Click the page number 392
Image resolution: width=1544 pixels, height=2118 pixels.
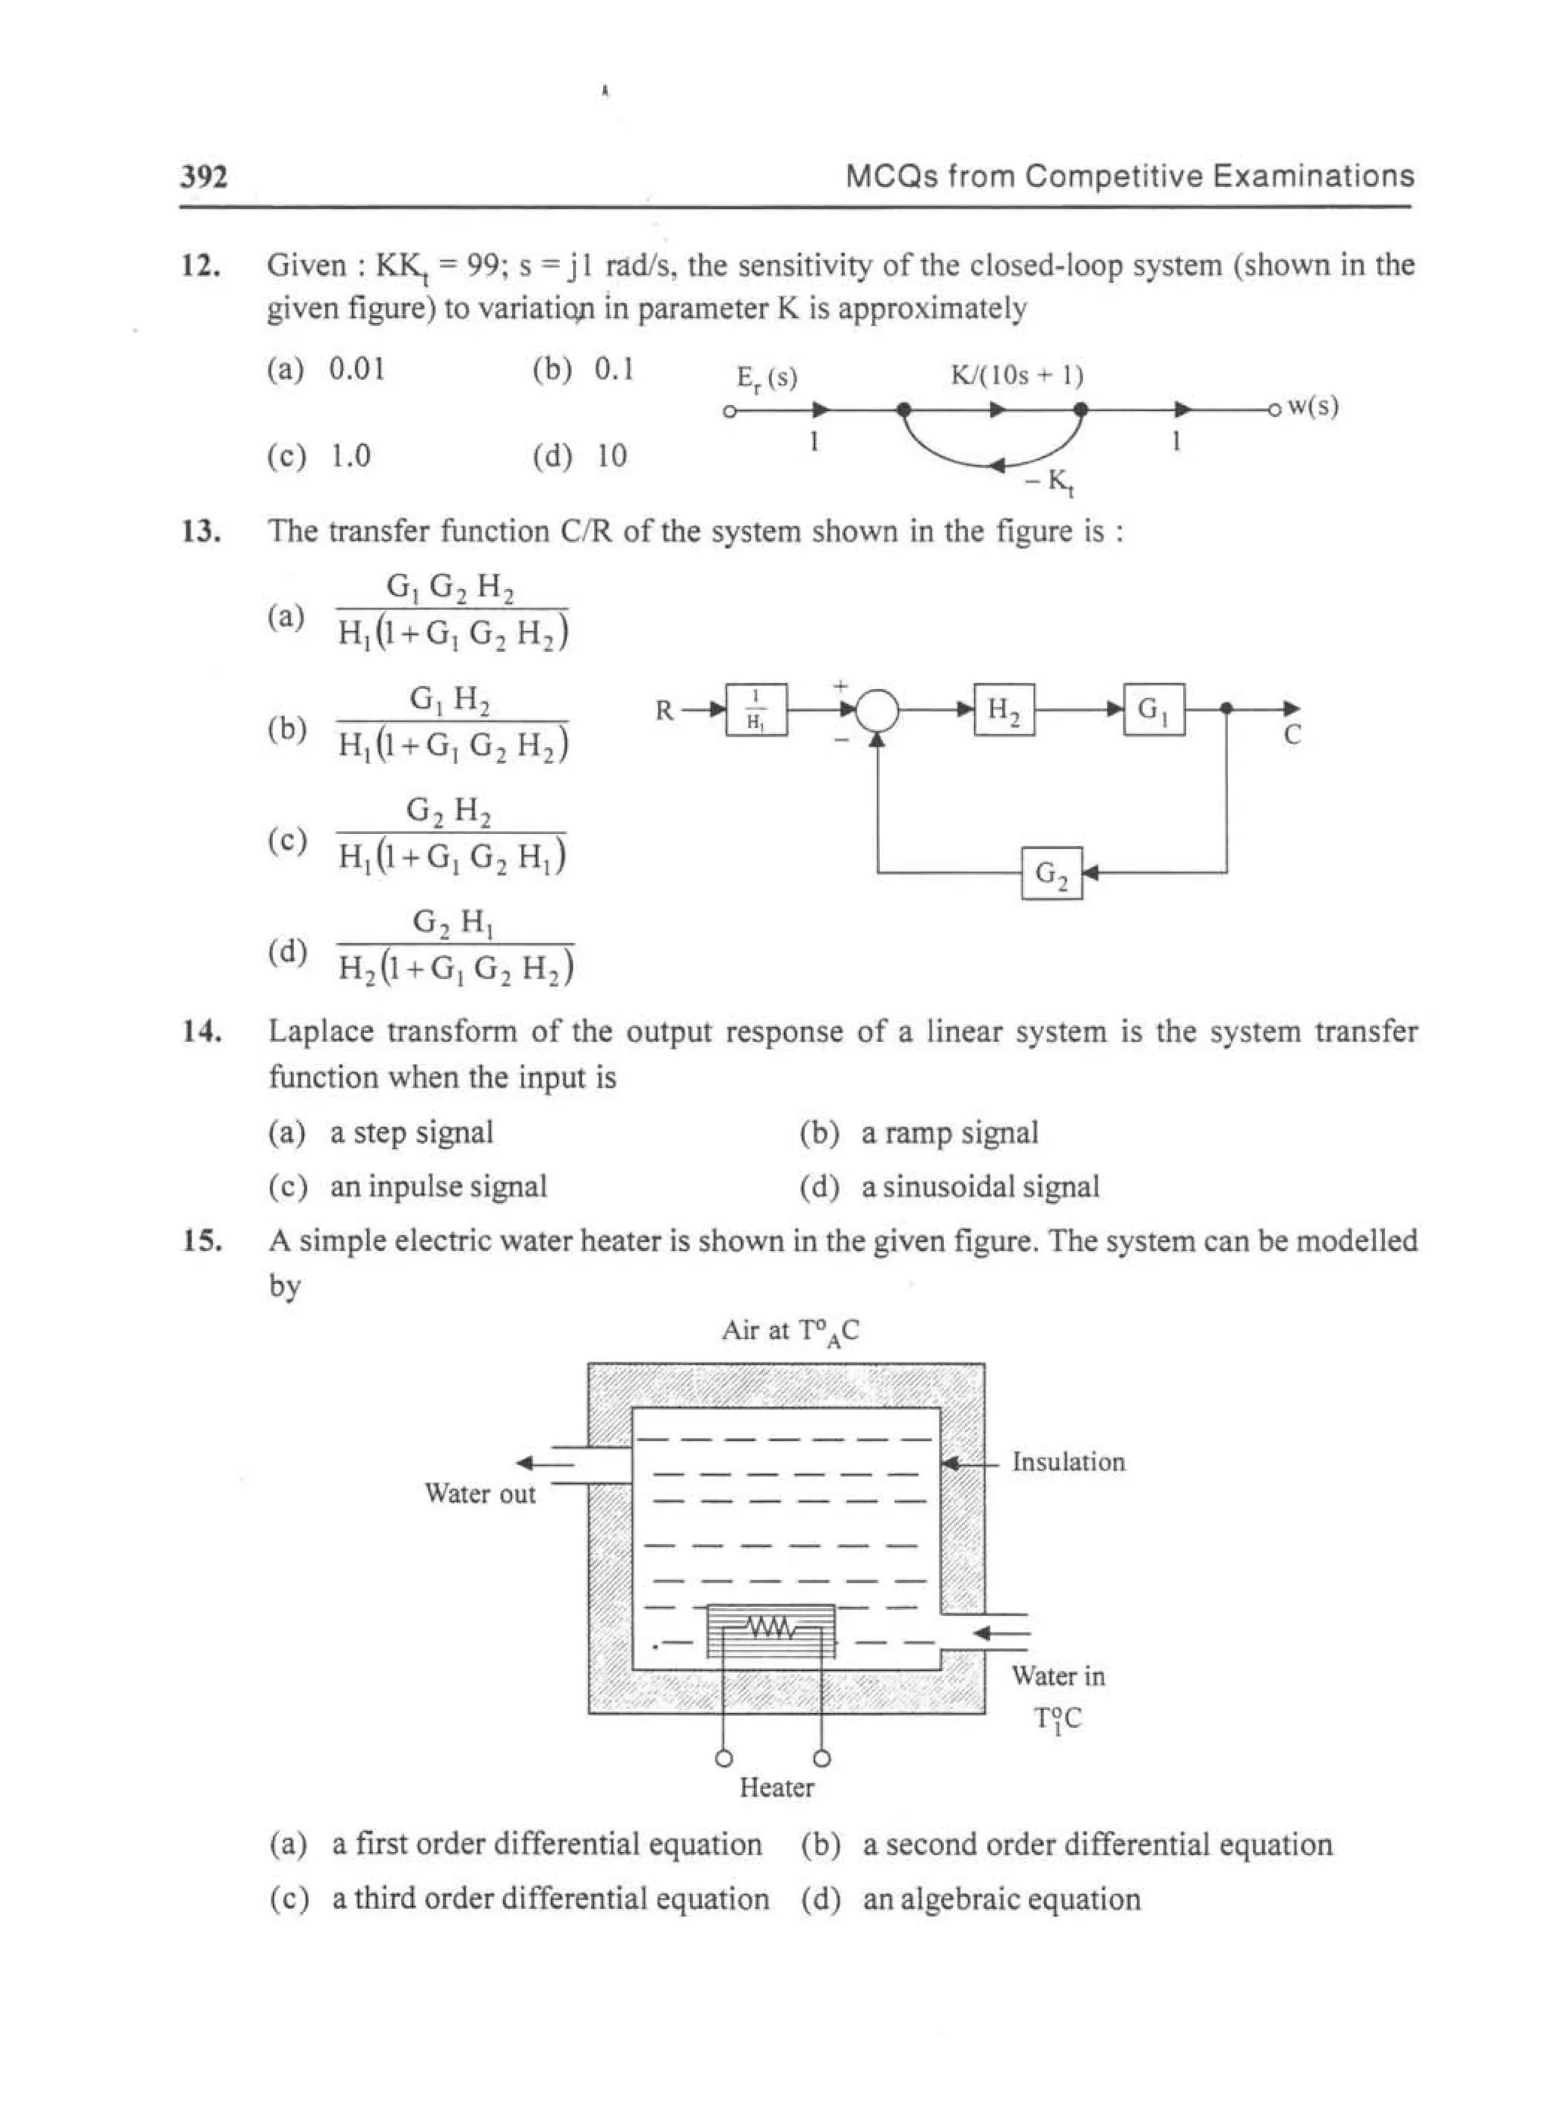[204, 176]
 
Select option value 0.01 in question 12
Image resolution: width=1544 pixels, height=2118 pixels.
[357, 369]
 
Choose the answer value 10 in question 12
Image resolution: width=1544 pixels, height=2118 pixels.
[612, 456]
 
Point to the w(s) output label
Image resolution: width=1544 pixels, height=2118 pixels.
[1313, 406]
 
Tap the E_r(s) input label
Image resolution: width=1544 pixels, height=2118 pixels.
[767, 378]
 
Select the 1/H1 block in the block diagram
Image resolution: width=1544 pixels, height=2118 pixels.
[756, 710]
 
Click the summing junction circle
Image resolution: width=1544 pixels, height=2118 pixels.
[877, 710]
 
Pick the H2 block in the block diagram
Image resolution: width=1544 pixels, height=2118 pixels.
[1003, 710]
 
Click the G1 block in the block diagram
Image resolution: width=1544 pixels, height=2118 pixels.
[1153, 710]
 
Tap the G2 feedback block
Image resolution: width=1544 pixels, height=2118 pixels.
[1052, 873]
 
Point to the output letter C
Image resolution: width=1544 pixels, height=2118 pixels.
[1291, 736]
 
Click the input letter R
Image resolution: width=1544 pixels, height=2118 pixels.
[663, 711]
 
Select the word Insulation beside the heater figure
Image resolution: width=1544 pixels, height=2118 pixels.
[1068, 1462]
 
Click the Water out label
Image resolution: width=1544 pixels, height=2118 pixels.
[480, 1494]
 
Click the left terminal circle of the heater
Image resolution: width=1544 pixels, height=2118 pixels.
[724, 1759]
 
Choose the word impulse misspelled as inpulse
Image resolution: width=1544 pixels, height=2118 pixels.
[418, 1187]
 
